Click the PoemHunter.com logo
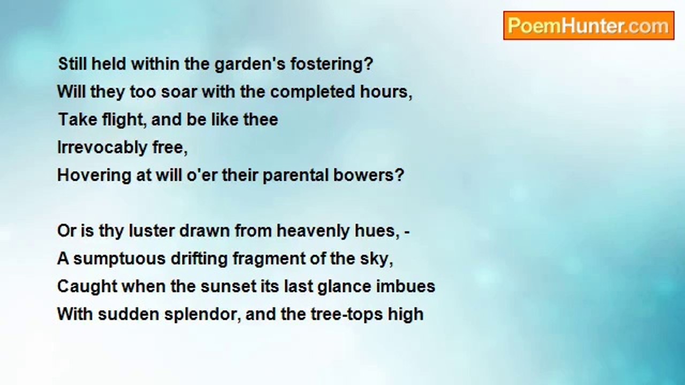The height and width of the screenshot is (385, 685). (588, 26)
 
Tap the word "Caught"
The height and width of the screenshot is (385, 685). (87, 287)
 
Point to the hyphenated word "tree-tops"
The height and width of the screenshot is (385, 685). (344, 314)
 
